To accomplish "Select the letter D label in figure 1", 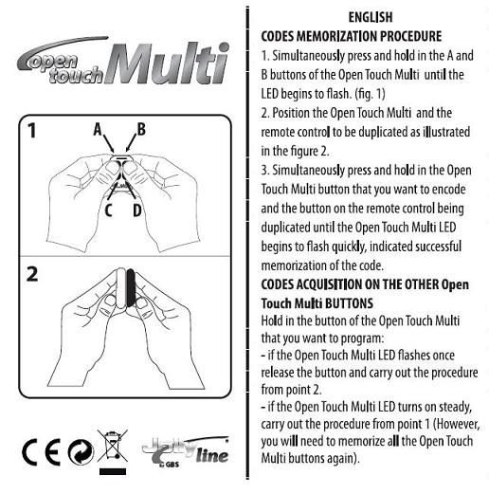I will click(137, 210).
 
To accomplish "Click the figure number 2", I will click(32, 274).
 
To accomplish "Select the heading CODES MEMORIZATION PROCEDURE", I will click(350, 34).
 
